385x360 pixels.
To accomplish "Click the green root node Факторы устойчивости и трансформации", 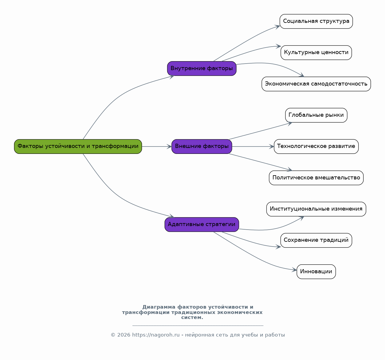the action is point(78,146).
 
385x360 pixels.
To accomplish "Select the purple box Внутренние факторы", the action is point(202,68).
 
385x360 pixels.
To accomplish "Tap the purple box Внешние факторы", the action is point(202,146).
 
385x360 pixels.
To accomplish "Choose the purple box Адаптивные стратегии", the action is point(202,224).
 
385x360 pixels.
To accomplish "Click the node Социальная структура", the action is point(316,21).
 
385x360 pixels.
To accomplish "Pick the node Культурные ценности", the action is point(316,53).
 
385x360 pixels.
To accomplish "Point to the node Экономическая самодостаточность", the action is point(316,84).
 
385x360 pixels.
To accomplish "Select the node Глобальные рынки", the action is point(316,115).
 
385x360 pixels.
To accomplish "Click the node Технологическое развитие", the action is point(316,146).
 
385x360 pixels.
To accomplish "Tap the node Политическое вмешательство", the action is point(316,178).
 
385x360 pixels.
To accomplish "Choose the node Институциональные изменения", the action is point(316,209).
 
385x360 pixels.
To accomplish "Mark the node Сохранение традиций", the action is point(316,240).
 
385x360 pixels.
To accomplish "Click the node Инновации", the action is point(316,271).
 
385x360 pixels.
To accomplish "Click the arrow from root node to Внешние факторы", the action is point(157,146).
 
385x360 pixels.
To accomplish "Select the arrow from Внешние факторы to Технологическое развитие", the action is point(253,146).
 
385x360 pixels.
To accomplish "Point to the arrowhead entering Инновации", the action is point(294,270).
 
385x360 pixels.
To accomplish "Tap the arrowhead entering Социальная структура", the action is point(277,26).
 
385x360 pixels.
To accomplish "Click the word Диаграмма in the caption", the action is point(159,307).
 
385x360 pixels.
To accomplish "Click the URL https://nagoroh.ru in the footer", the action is point(156,335).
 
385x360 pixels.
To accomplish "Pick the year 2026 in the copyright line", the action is point(124,335).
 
